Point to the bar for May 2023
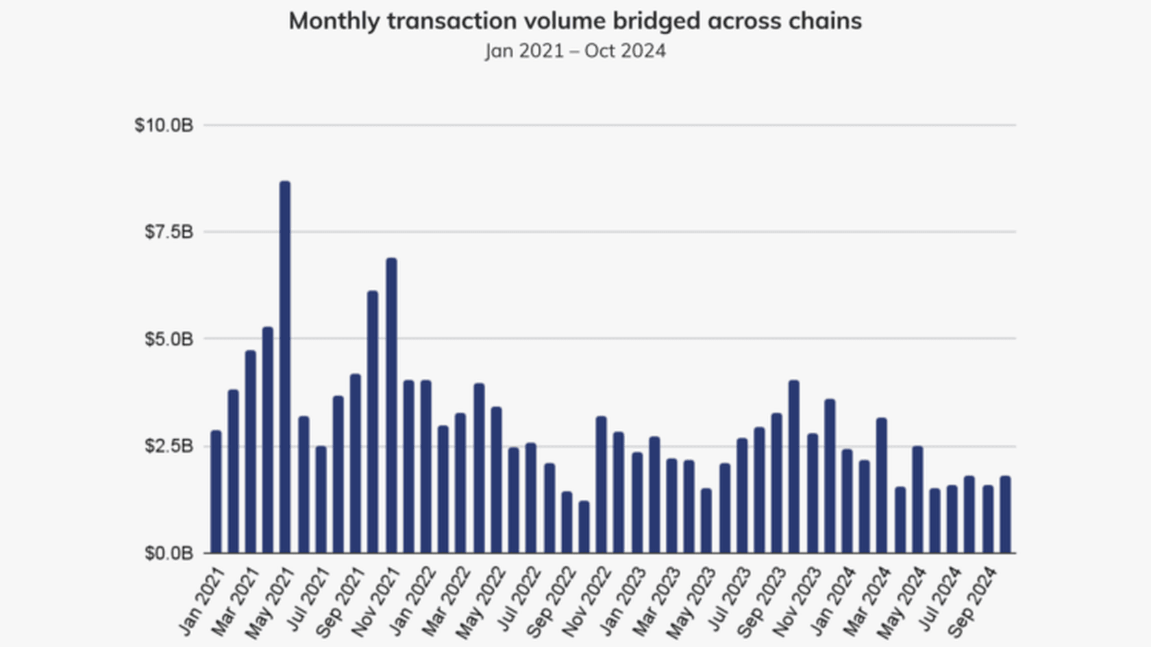[x=706, y=521]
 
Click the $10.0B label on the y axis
[x=164, y=125]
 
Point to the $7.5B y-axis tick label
[x=169, y=232]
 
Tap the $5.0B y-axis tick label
[x=169, y=339]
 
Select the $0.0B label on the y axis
[x=169, y=553]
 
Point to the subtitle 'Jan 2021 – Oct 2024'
[x=575, y=51]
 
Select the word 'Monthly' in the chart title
[x=334, y=21]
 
